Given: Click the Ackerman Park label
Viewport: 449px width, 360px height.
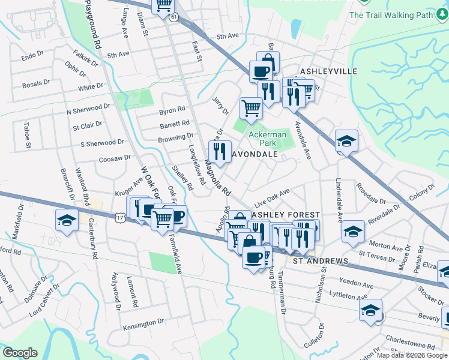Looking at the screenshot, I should tap(268, 139).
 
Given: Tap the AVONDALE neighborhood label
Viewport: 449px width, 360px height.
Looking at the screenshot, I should tap(255, 154).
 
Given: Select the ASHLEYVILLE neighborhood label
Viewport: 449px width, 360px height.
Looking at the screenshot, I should tap(328, 71).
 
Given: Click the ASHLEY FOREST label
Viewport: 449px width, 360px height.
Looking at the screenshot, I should tap(285, 214).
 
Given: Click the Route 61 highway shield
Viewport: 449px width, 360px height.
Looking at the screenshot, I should tap(173, 18).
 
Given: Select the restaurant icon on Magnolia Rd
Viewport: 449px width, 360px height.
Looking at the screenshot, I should tap(220, 150).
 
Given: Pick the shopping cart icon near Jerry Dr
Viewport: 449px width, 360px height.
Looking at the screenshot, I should tap(251, 108).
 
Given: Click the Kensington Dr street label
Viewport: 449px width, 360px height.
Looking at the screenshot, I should tap(143, 323).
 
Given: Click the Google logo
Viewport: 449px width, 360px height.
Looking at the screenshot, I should tap(20, 353).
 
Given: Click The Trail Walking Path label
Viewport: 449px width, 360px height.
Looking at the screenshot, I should tap(391, 15).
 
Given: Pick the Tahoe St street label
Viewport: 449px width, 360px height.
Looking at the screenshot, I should tap(27, 135).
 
